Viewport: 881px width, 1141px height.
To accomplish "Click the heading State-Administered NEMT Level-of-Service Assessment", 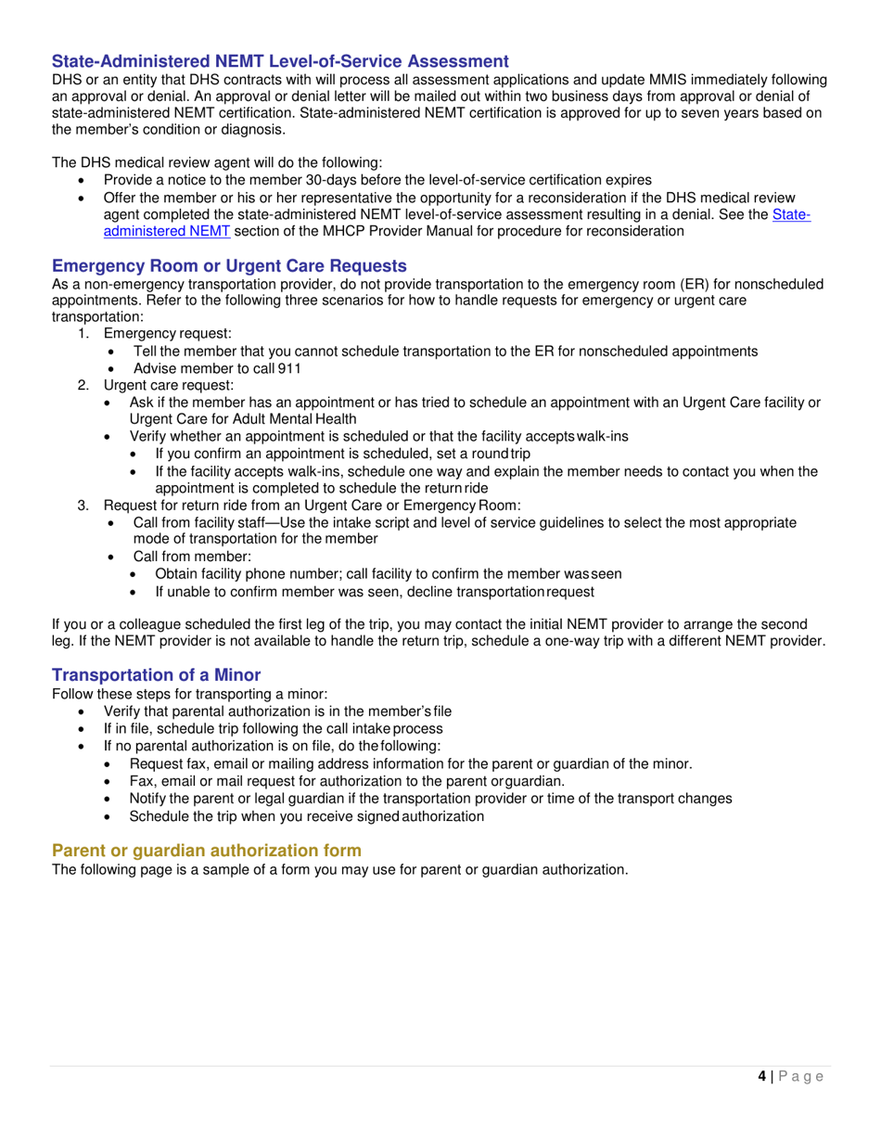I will click(x=280, y=61).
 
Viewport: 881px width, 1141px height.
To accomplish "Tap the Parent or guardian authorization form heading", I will click(x=207, y=851).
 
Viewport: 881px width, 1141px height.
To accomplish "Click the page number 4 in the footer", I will click(x=761, y=1076).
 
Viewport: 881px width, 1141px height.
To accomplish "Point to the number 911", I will click(x=289, y=367).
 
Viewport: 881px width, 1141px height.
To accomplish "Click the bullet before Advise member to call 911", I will click(x=112, y=368).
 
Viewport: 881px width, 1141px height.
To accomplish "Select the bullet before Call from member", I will click(x=112, y=557).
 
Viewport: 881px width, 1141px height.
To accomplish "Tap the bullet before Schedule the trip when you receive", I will click(x=112, y=816).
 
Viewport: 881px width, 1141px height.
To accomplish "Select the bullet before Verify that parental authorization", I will click(x=86, y=712).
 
